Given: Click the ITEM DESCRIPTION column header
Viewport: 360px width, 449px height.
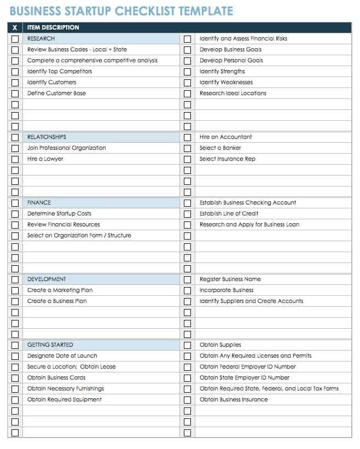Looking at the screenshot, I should (x=53, y=27).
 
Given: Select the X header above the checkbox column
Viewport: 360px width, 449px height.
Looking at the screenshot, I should (x=15, y=27).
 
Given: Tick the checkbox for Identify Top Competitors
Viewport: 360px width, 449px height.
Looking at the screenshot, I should (x=15, y=72).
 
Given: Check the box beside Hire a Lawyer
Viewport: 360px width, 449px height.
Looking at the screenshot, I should (x=15, y=159).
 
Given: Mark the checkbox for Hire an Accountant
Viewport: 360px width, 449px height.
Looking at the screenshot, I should (x=187, y=137).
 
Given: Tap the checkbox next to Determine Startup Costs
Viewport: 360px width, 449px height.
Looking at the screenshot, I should (x=15, y=214).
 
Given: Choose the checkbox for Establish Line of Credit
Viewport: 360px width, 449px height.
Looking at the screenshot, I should (x=187, y=214).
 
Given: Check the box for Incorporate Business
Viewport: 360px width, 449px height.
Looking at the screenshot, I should (x=187, y=290).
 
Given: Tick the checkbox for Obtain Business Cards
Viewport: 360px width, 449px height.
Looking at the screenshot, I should (x=15, y=378).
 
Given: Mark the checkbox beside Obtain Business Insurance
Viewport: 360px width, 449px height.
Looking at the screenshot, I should (x=187, y=400).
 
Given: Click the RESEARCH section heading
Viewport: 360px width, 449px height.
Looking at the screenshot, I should (x=41, y=39).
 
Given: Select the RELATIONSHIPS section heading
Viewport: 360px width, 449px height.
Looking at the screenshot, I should (x=47, y=137).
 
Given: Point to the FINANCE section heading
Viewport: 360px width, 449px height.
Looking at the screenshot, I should (x=39, y=203).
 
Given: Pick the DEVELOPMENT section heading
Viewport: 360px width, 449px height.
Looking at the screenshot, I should (x=47, y=279).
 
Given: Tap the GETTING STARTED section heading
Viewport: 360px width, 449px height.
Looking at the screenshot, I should (x=50, y=345).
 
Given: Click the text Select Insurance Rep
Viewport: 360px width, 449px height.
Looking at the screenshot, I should (x=227, y=159).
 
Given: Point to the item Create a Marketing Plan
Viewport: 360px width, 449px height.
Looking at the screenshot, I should (x=60, y=290).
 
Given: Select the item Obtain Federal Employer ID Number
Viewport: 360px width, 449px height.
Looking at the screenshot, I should (x=247, y=367).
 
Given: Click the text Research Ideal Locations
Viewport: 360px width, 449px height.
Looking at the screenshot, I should (x=233, y=94).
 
